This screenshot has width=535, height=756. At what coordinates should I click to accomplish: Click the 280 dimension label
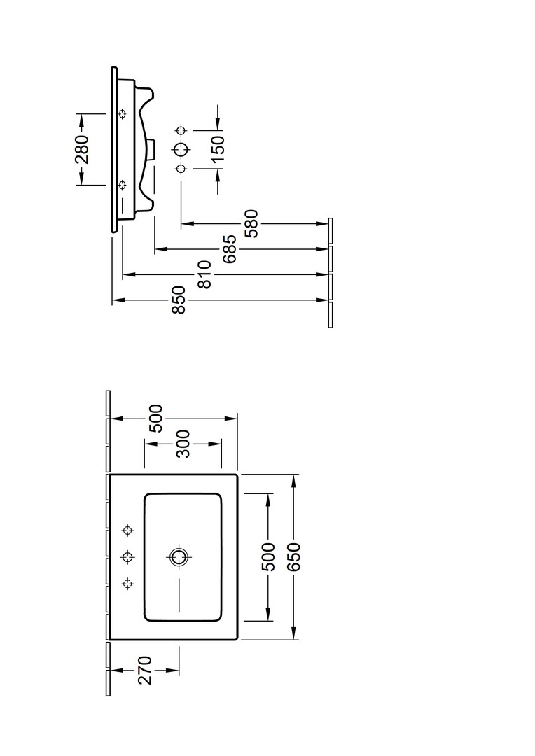pyautogui.click(x=82, y=149)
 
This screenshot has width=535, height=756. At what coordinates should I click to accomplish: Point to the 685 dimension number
pyautogui.click(x=229, y=248)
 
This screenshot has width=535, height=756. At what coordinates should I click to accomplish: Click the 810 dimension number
pyautogui.click(x=204, y=274)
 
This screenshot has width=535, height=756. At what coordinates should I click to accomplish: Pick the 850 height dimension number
pyautogui.click(x=179, y=300)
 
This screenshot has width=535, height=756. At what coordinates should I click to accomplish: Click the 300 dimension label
pyautogui.click(x=183, y=444)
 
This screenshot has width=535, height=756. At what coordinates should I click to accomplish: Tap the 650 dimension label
pyautogui.click(x=294, y=556)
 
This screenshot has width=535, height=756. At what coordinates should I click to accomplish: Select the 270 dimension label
pyautogui.click(x=144, y=671)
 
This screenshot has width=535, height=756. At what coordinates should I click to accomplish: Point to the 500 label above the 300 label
pyautogui.click(x=155, y=418)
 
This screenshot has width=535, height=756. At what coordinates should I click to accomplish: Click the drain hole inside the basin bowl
pyautogui.click(x=179, y=557)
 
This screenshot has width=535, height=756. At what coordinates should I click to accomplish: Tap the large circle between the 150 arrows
pyautogui.click(x=181, y=149)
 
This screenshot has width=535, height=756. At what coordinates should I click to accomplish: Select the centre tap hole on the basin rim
pyautogui.click(x=127, y=557)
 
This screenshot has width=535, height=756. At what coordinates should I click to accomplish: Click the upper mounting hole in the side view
pyautogui.click(x=123, y=114)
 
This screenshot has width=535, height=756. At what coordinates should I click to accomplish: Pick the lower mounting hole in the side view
pyautogui.click(x=123, y=184)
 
